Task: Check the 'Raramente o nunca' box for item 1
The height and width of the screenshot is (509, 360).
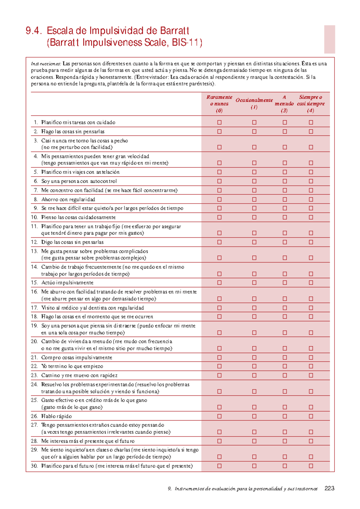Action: click(x=219, y=122)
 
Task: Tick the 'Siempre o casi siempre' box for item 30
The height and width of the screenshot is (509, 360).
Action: click(x=311, y=466)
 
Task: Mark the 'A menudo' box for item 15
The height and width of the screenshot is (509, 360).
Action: click(x=285, y=283)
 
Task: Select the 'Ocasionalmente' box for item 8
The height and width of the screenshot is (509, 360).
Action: click(x=254, y=199)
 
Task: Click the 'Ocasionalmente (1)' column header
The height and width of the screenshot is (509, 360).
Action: click(x=254, y=103)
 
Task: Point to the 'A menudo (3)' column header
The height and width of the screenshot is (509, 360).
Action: click(x=284, y=104)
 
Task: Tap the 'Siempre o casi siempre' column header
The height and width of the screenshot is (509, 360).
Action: click(x=311, y=104)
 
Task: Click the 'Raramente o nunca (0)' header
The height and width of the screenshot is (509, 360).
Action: click(x=219, y=104)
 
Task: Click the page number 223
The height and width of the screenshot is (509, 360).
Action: click(x=329, y=488)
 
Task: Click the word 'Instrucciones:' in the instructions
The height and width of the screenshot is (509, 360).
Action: click(x=46, y=64)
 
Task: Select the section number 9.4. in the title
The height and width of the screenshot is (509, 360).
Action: click(x=34, y=31)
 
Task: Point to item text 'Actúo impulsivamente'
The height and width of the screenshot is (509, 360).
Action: click(x=67, y=283)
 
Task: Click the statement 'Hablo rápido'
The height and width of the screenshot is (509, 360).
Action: click(x=56, y=416)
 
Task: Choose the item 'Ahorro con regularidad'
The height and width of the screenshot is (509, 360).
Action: click(x=68, y=199)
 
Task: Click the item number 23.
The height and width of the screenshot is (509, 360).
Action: click(x=34, y=375)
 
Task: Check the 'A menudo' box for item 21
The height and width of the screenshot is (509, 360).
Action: click(x=285, y=357)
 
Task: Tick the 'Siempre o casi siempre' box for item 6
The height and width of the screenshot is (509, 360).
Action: click(x=311, y=181)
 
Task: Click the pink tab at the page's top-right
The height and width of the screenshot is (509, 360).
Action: click(x=329, y=39)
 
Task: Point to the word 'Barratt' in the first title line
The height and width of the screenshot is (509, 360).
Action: click(x=174, y=31)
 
